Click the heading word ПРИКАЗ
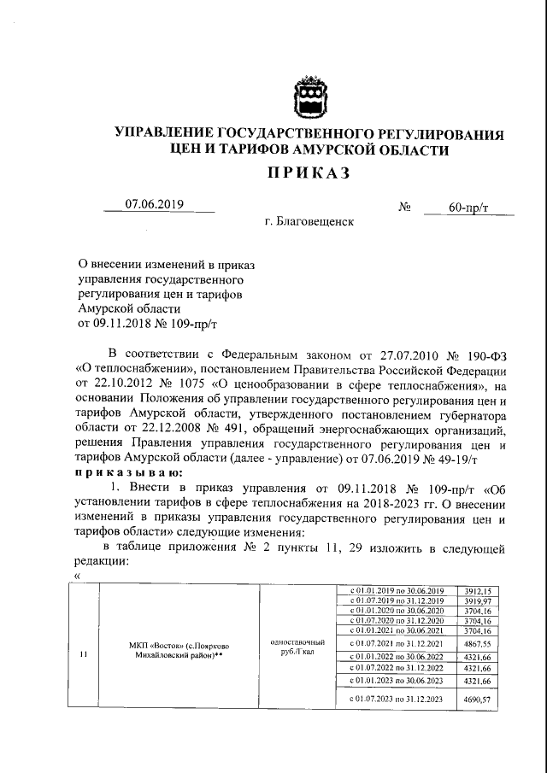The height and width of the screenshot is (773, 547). point(308,175)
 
